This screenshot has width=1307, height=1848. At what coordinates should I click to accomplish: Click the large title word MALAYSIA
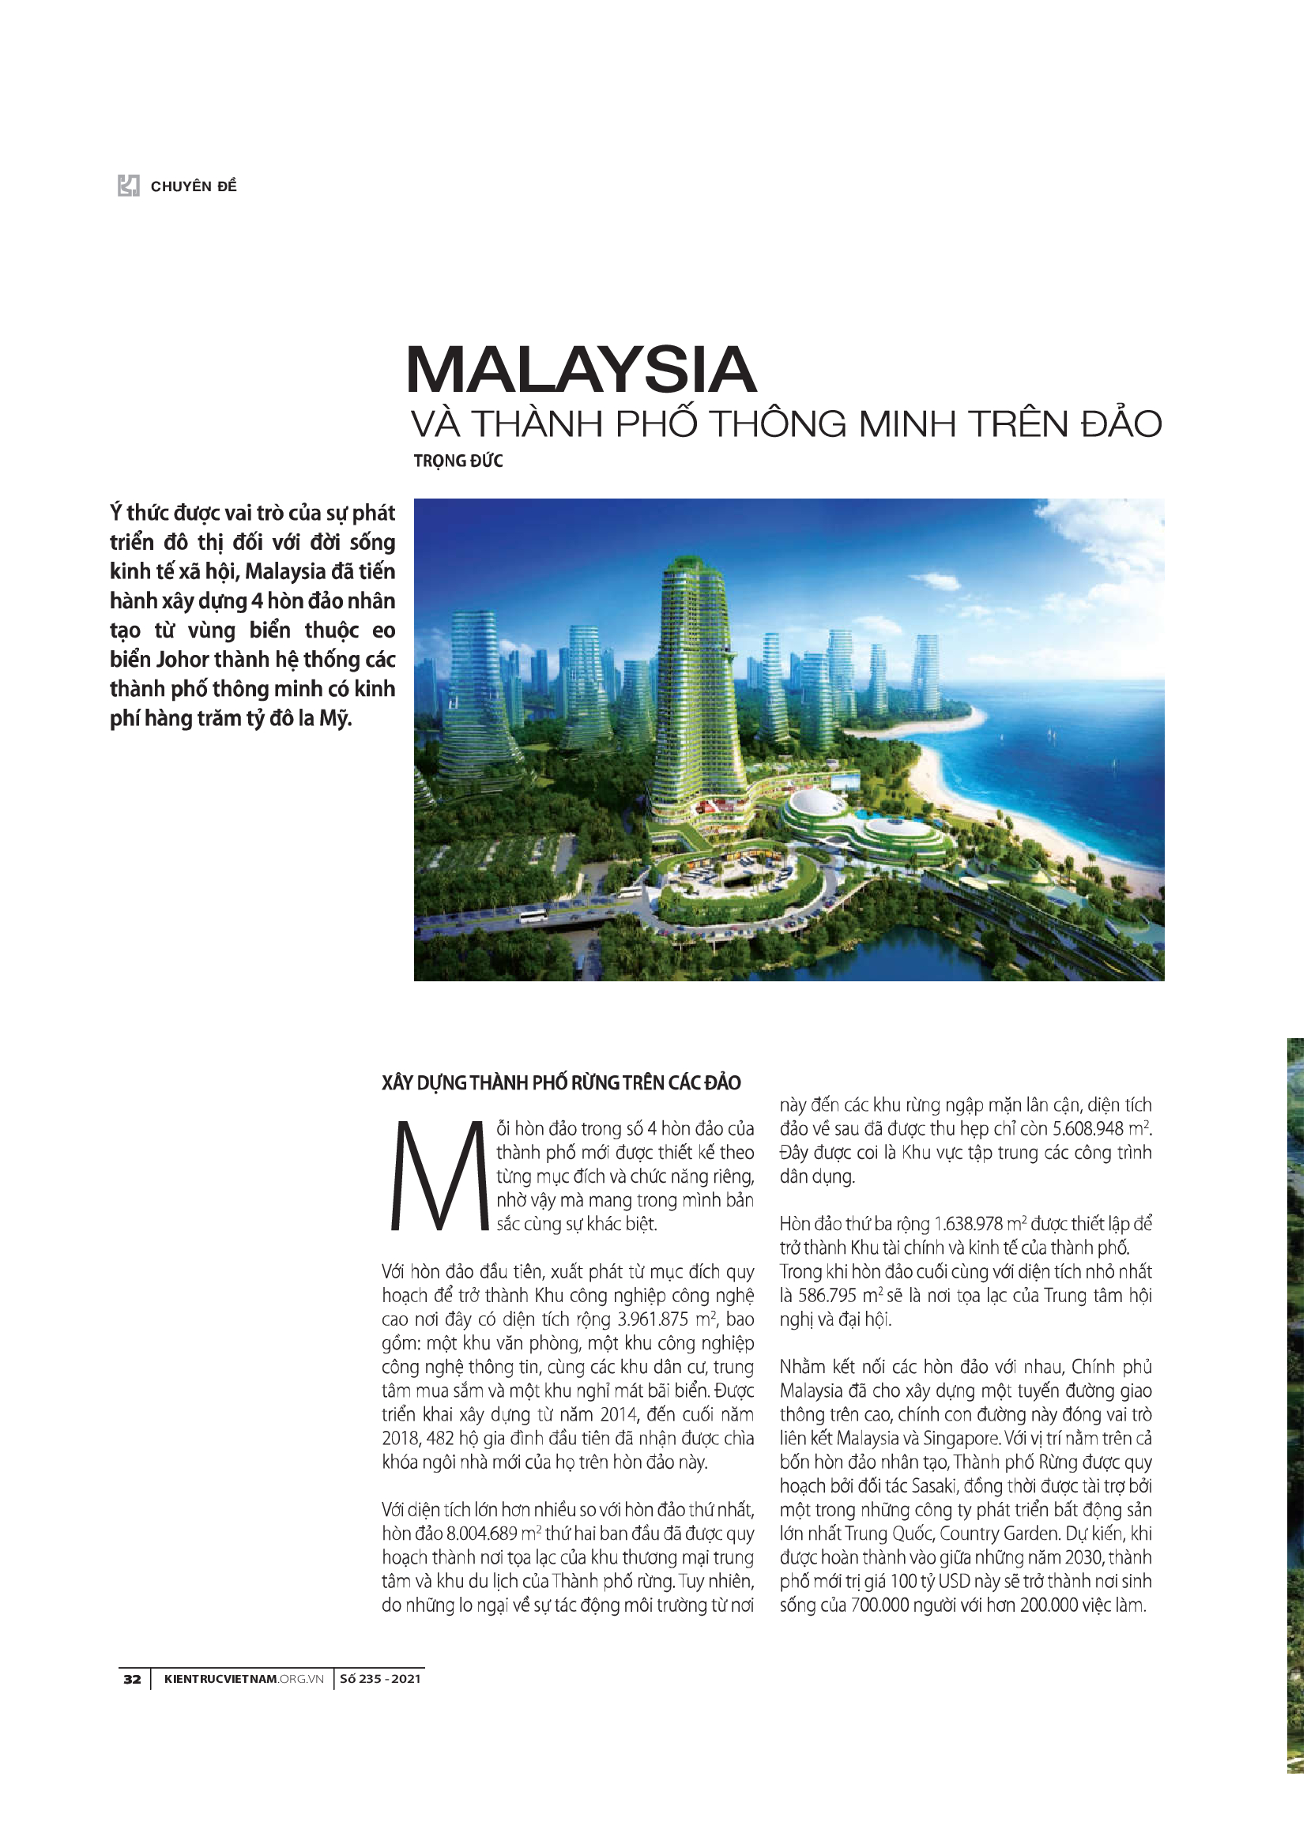580,370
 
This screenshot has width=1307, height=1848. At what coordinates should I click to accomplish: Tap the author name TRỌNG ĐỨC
458,461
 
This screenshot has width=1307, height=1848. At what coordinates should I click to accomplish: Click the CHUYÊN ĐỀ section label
193,186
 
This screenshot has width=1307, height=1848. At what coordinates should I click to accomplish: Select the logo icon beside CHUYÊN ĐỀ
129,186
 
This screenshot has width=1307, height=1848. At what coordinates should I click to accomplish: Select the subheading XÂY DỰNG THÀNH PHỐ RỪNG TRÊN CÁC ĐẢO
561,1082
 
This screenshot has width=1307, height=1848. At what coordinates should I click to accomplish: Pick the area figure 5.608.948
1088,1129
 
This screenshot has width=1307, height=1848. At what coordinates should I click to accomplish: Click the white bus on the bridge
533,916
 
